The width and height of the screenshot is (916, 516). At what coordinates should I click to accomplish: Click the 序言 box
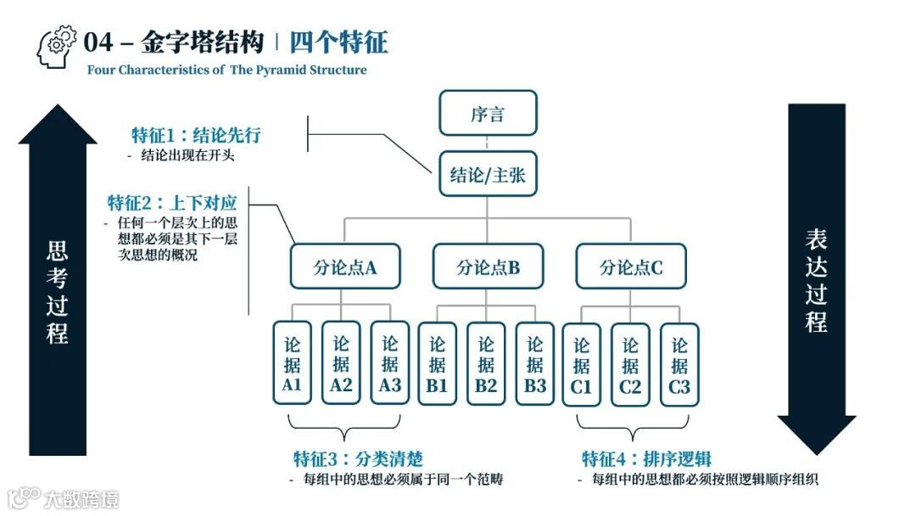coord(488,113)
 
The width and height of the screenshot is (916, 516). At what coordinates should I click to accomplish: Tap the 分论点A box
coord(344,266)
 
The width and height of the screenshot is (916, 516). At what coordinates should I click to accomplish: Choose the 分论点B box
coord(488,266)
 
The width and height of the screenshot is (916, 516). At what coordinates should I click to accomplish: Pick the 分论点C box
coord(631,266)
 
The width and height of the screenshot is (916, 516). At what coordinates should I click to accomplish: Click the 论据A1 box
coord(292,365)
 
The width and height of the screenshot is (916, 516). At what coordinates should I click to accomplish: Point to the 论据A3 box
coord(390,365)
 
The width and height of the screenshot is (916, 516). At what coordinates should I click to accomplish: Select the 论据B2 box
coord(486,365)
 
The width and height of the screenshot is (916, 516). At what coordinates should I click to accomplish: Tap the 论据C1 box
coord(582,365)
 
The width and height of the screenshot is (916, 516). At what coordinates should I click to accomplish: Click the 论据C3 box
coord(679,365)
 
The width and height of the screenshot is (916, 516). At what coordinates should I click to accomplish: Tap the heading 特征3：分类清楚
coord(358,460)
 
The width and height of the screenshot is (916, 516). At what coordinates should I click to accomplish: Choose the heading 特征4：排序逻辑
coord(646,460)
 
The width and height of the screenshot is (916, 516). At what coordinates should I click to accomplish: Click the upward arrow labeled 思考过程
coord(58,280)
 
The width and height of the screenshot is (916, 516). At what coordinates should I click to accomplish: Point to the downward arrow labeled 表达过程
coord(816,280)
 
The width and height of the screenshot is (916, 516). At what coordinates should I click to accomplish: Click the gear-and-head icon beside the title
coord(57,48)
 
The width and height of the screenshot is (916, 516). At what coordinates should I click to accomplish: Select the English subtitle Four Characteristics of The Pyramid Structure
coord(227,70)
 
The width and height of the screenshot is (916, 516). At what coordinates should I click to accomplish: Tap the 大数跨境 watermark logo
coord(64,497)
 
